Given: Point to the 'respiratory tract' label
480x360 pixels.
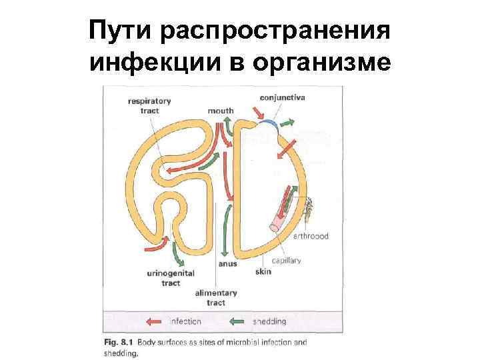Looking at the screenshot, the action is tap(149, 105).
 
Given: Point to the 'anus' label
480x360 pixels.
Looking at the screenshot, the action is tap(227, 263).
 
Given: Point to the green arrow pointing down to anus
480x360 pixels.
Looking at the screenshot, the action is tap(226, 233).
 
